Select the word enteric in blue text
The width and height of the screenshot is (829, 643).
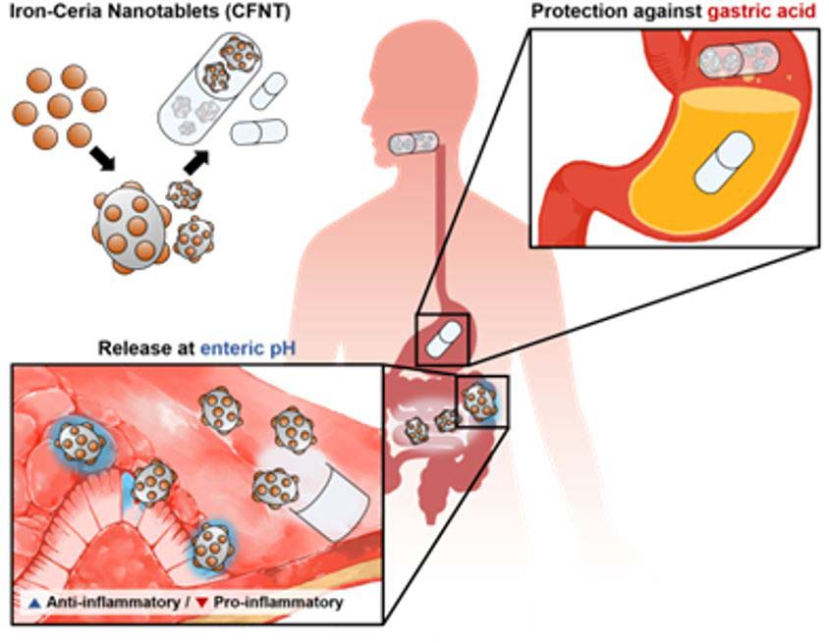coord(233,348)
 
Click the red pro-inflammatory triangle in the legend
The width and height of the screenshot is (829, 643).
coord(201,602)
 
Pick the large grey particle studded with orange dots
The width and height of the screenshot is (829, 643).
coord(127,220)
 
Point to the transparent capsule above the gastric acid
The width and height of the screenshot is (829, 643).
coord(734,59)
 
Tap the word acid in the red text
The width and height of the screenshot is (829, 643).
coord(795,13)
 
